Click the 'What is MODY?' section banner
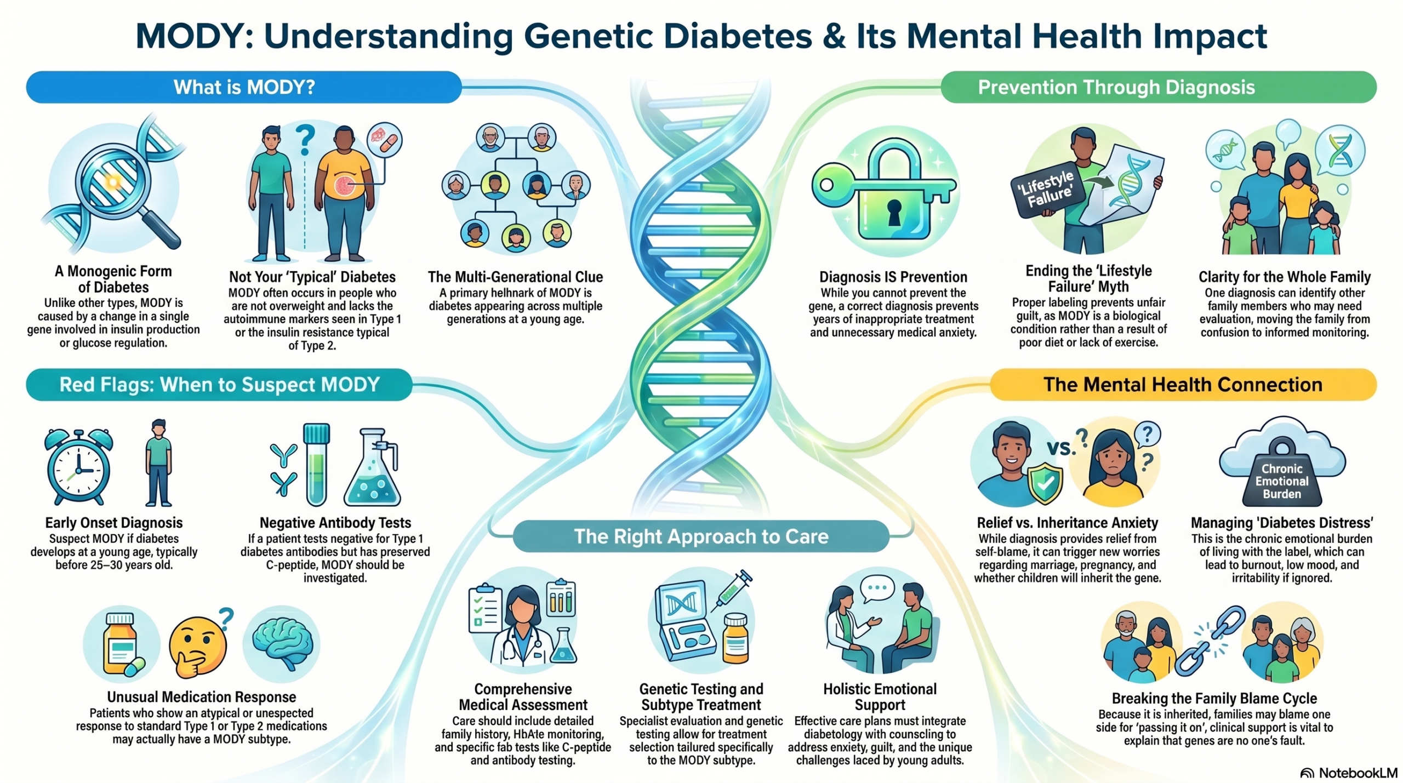pos(244,87)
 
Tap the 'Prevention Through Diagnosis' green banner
pos(1158,87)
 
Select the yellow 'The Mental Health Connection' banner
pos(1183,385)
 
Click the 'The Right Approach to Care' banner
pos(701,536)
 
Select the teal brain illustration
pos(282,644)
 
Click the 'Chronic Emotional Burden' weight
pos(1281,475)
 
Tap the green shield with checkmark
pos(1045,482)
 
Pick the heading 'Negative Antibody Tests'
pos(335,523)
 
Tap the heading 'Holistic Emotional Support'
pos(880,697)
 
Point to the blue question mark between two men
pos(305,140)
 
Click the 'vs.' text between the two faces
pos(1060,448)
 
